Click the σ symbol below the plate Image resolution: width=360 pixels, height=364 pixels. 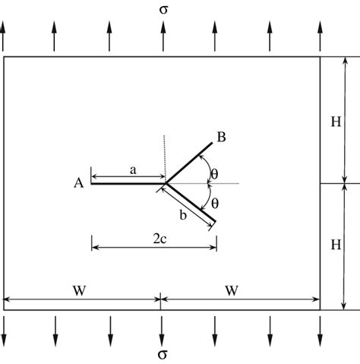[x=162, y=355]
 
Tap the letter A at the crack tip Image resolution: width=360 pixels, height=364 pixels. [x=77, y=182]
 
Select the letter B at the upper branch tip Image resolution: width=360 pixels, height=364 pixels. [x=221, y=138]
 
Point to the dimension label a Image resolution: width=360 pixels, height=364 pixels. [x=132, y=172]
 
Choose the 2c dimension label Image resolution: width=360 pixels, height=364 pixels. [x=160, y=237]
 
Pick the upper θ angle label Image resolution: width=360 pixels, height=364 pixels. [x=214, y=174]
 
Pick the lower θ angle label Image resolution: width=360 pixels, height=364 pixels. [x=214, y=203]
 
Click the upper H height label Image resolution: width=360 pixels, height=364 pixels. [x=335, y=120]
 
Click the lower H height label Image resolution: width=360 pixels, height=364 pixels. [x=335, y=245]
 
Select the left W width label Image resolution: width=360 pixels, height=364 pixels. [x=79, y=290]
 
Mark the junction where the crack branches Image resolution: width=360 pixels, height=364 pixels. [x=166, y=183]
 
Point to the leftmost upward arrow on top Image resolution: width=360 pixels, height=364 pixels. [x=4, y=36]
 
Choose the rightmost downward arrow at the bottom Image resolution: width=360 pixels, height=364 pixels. [x=320, y=330]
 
